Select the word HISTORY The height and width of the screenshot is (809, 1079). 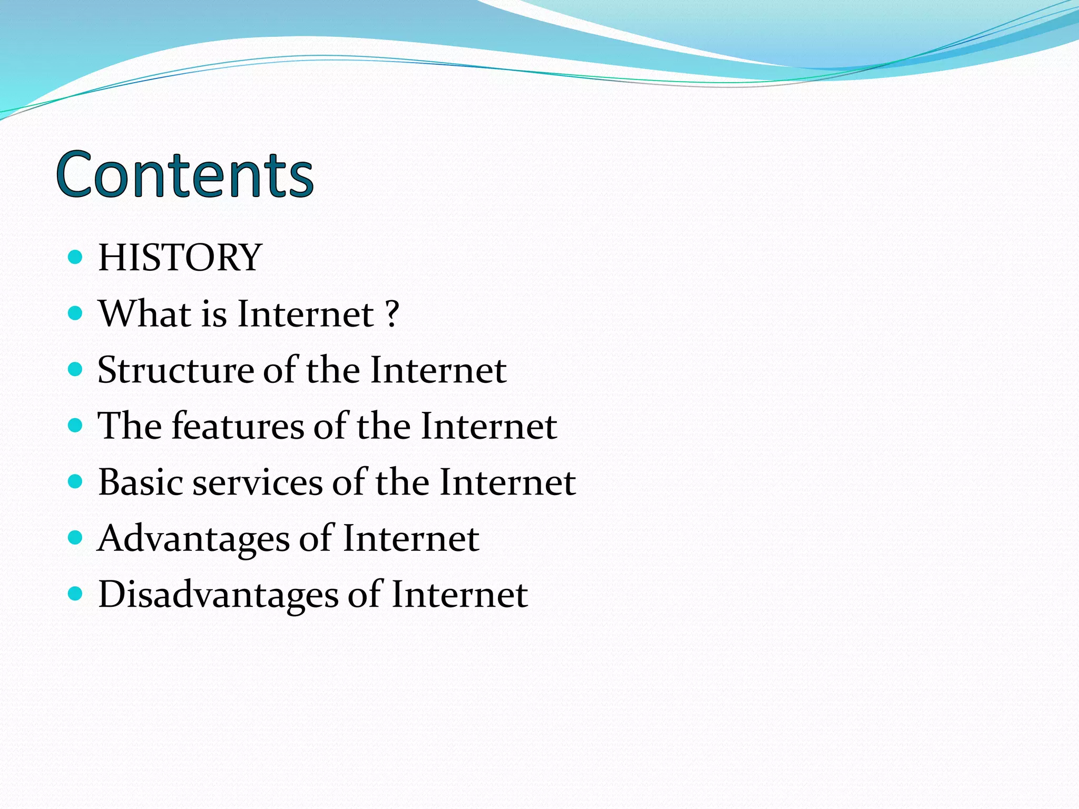coord(180,258)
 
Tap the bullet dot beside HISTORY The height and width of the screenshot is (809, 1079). coord(76,257)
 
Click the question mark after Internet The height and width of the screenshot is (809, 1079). coord(392,314)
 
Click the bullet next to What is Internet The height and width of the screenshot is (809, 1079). coord(76,313)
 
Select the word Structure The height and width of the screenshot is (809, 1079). coord(175,370)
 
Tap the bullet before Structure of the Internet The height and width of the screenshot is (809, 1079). coord(76,369)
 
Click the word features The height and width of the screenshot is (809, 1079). coord(238,426)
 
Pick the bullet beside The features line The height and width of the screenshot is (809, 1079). coord(76,425)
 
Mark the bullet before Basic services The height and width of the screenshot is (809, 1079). coord(76,481)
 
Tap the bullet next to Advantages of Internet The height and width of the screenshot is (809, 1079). coord(76,538)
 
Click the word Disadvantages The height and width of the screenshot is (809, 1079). coord(218,595)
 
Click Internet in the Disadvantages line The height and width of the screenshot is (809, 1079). coord(459,595)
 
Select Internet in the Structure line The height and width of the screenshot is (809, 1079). coord(438,370)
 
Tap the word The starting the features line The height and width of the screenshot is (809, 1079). coord(130,426)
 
